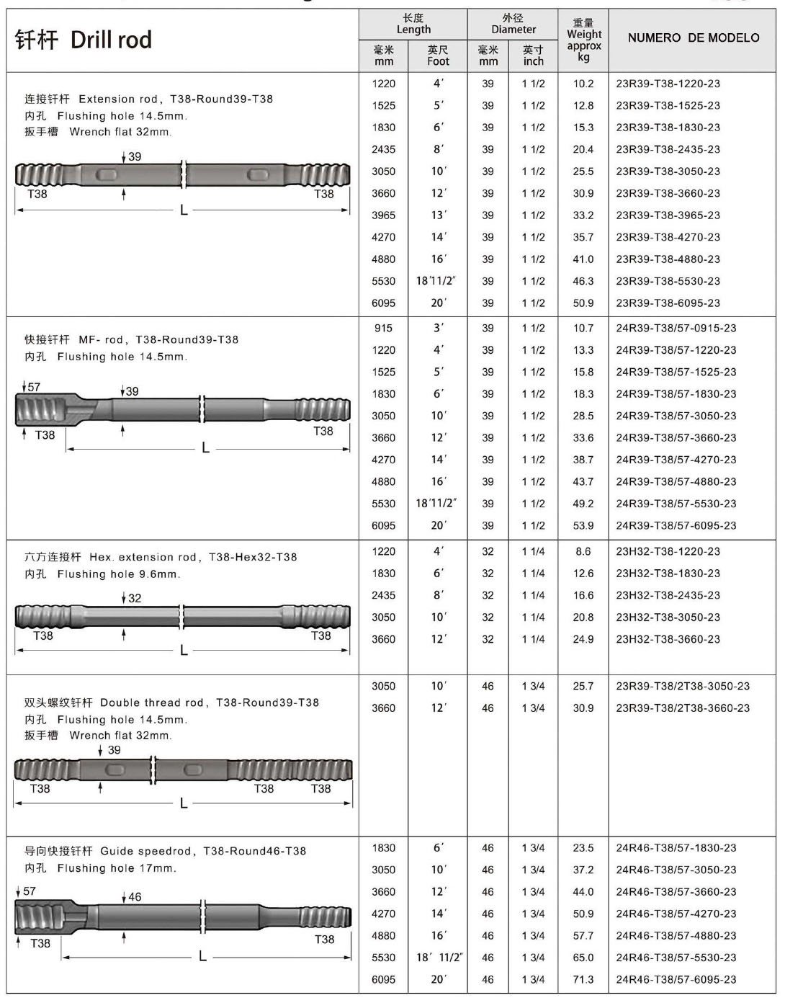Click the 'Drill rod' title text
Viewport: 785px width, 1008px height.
pyautogui.click(x=111, y=40)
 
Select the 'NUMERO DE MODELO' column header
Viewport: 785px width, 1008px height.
pyautogui.click(x=693, y=38)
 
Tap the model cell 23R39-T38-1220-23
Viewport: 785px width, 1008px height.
pyautogui.click(x=668, y=84)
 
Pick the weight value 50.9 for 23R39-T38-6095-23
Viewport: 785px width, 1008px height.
pyautogui.click(x=583, y=303)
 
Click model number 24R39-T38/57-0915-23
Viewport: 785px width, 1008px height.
pyautogui.click(x=676, y=329)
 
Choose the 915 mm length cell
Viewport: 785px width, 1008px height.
pyautogui.click(x=383, y=329)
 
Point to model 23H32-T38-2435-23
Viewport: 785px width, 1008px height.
pyautogui.click(x=668, y=596)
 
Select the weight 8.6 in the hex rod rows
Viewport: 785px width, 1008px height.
pyautogui.click(x=583, y=552)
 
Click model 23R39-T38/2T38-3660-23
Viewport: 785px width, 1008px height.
pyautogui.click(x=682, y=708)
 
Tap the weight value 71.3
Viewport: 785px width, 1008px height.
pyautogui.click(x=583, y=980)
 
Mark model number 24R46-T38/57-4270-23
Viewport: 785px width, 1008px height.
pyautogui.click(x=676, y=914)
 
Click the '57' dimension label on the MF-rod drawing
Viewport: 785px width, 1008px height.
pyautogui.click(x=34, y=388)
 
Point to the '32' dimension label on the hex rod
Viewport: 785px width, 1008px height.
pyautogui.click(x=135, y=598)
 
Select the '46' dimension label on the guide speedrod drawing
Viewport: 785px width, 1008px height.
pyautogui.click(x=135, y=898)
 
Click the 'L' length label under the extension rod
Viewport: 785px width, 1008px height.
pyautogui.click(x=184, y=210)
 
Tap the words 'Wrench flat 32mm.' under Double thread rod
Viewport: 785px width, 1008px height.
pyautogui.click(x=120, y=736)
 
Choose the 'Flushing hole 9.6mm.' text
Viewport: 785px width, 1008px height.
pyautogui.click(x=119, y=574)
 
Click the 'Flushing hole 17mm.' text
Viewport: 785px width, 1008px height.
pyautogui.click(x=117, y=868)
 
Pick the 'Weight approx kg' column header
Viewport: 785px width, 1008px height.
pyautogui.click(x=583, y=40)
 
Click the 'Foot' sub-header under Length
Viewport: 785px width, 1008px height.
pyautogui.click(x=438, y=61)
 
